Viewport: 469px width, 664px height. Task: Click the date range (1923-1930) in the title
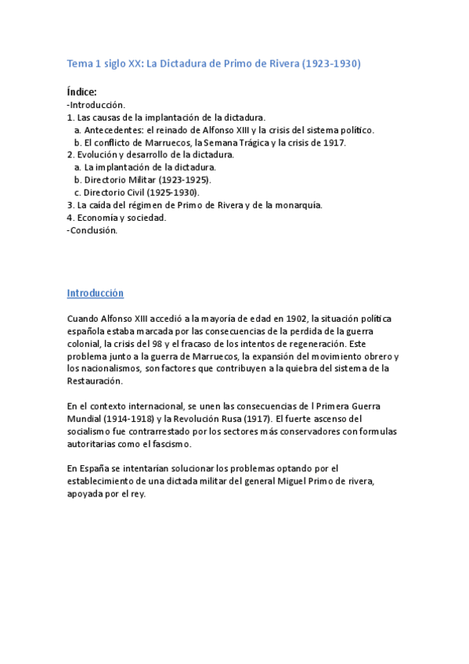(x=331, y=64)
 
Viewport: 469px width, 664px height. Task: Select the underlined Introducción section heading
(x=96, y=294)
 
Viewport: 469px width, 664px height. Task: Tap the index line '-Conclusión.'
(x=92, y=230)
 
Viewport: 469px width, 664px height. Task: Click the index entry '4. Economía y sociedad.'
(x=117, y=218)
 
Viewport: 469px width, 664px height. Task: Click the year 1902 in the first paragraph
(x=294, y=319)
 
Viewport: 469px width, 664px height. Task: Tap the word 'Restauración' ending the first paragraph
(x=95, y=381)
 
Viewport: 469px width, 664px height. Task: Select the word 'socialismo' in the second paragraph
(x=94, y=431)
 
